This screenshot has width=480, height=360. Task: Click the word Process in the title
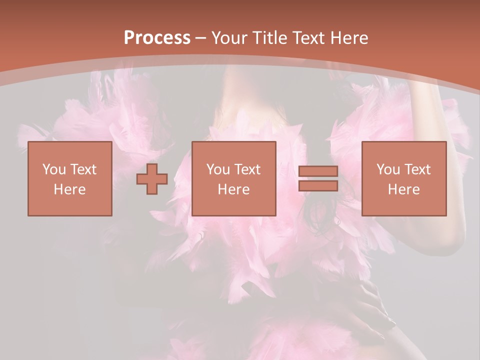point(157,37)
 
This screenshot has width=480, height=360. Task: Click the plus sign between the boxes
point(152,179)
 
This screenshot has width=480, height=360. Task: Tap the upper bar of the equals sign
point(318,171)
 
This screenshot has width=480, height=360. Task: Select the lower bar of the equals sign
point(318,186)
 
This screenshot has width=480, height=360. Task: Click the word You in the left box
point(54,169)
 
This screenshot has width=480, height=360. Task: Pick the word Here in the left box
point(69,189)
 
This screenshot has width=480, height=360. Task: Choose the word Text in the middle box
point(247,169)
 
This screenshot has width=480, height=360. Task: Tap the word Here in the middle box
point(233,189)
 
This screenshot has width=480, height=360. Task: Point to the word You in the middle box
point(218,169)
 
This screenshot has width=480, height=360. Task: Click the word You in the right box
point(388,169)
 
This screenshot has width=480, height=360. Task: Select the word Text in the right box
point(417,169)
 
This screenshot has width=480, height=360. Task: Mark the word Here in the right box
point(403,189)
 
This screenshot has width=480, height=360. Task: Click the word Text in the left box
point(83,169)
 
